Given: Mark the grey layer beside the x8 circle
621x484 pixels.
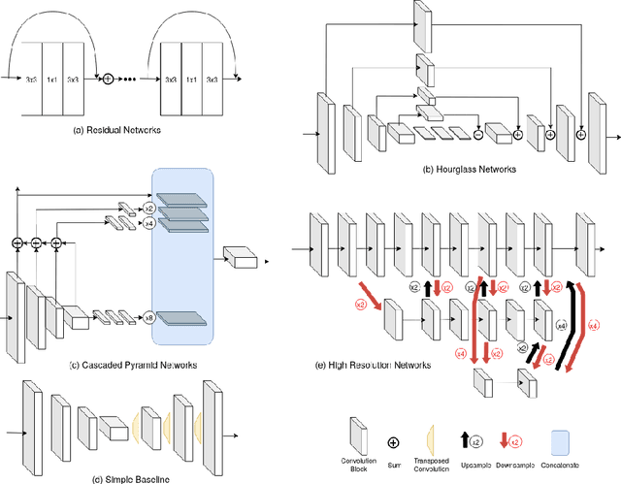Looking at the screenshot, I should [183, 317].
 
